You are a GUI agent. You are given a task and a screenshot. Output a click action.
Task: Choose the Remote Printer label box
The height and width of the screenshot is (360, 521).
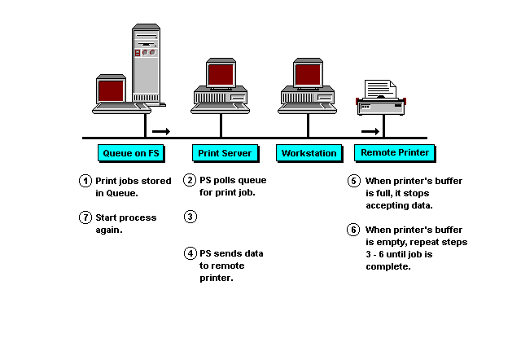tap(394, 152)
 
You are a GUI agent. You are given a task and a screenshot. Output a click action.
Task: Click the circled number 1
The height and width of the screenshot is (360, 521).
tap(85, 180)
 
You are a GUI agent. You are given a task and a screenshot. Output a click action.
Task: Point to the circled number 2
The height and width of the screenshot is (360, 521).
tap(190, 180)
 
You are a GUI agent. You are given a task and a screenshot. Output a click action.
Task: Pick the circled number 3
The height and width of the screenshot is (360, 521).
tap(190, 217)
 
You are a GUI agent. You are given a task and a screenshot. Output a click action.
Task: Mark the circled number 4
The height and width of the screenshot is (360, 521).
tap(190, 253)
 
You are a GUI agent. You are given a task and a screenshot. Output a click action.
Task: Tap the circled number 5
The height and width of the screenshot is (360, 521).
tap(353, 180)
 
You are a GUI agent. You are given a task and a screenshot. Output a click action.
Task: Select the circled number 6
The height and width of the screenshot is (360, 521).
tap(353, 230)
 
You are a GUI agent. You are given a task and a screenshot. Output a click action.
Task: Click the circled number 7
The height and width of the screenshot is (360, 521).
tap(85, 217)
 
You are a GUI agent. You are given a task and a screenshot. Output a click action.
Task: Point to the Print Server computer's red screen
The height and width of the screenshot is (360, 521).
tap(221, 74)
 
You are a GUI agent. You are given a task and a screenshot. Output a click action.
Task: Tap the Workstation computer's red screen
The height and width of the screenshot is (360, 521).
tap(308, 74)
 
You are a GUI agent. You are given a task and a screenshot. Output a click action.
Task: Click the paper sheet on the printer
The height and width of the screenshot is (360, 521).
tap(380, 89)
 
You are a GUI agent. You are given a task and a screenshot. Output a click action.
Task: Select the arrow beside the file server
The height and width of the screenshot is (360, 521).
tap(161, 130)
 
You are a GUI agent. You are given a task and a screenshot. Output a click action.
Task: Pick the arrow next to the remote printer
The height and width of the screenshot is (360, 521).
tap(370, 130)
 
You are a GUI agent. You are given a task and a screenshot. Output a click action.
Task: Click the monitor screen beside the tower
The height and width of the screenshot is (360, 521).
tap(112, 89)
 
